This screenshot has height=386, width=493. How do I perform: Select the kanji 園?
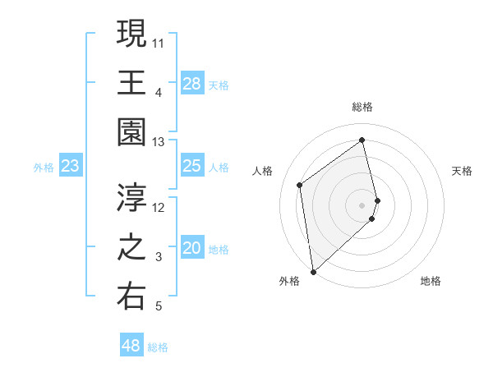tap(131, 133)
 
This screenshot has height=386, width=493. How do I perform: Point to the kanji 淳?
tap(131, 198)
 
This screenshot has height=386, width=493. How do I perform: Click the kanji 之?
tap(131, 248)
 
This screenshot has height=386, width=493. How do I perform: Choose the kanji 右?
tap(131, 297)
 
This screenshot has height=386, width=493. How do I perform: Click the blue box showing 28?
tap(191, 84)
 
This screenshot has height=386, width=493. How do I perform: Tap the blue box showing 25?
tap(191, 167)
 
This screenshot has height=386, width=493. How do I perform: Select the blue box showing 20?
tap(191, 249)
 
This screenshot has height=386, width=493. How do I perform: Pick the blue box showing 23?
tap(71, 167)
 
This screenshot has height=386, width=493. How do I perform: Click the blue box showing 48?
tap(131, 346)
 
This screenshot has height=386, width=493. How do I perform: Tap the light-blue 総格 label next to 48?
tap(158, 347)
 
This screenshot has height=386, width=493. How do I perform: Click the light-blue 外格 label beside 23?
tap(44, 168)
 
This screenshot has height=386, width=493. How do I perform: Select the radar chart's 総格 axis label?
tap(362, 107)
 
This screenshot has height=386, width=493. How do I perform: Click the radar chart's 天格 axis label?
tap(463, 171)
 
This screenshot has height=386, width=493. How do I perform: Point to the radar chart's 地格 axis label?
tap(431, 281)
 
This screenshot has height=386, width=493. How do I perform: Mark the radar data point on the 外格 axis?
tap(313, 271)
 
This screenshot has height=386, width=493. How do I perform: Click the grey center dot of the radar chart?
tap(362, 204)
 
